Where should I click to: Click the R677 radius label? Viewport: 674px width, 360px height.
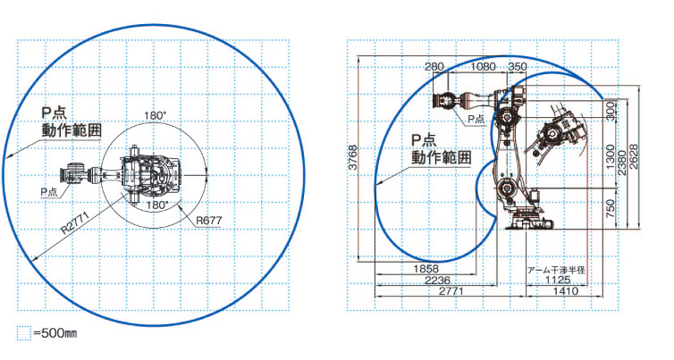[209, 221]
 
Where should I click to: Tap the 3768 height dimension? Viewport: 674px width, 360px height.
[353, 157]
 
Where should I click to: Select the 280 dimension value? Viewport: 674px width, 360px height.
[434, 67]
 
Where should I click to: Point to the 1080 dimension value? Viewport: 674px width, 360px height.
[483, 67]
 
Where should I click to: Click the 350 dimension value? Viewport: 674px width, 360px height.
[517, 67]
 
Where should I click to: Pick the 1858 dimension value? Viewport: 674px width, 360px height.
[426, 269]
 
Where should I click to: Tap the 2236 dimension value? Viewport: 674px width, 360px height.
[438, 280]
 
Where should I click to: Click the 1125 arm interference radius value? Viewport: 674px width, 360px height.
[558, 280]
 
